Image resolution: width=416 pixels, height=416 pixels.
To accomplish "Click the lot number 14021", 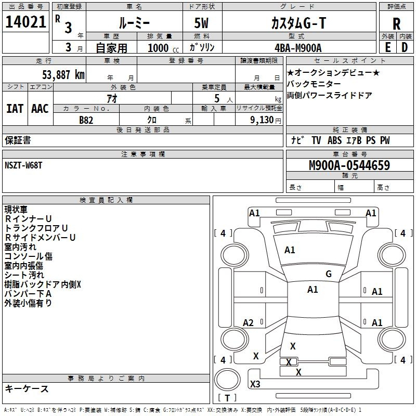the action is pyautogui.click(x=25, y=22).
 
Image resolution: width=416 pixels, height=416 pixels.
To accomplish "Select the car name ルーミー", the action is pyautogui.click(x=134, y=23).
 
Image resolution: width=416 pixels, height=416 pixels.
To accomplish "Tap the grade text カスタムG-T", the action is pyautogui.click(x=298, y=23).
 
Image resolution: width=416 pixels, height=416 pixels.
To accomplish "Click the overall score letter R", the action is pyautogui.click(x=396, y=24).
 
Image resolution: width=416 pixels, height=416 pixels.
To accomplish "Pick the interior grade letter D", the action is pyautogui.click(x=405, y=47).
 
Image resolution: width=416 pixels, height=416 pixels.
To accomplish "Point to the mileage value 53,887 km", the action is pyautogui.click(x=63, y=74).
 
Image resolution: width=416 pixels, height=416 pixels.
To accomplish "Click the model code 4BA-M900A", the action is pyautogui.click(x=298, y=48).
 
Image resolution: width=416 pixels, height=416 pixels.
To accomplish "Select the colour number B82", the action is pyautogui.click(x=86, y=120).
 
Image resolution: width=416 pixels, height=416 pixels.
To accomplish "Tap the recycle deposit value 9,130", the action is pyautogui.click(x=262, y=120).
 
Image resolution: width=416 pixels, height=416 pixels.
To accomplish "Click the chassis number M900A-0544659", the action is pyautogui.click(x=349, y=165).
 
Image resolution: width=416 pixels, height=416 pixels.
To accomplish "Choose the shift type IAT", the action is pyautogui.click(x=15, y=109).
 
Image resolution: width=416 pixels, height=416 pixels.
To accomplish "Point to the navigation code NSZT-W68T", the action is pyautogui.click(x=23, y=165).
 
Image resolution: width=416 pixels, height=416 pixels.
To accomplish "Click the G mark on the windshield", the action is pyautogui.click(x=329, y=274).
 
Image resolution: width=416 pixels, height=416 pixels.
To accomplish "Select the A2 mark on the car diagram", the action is pyautogui.click(x=248, y=322).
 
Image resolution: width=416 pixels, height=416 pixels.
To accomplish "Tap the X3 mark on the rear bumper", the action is pyautogui.click(x=255, y=384).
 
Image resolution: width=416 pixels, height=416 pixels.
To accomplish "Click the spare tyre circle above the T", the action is pyautogui.click(x=227, y=379).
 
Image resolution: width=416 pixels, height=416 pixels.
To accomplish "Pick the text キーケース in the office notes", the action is pyautogui.click(x=27, y=389).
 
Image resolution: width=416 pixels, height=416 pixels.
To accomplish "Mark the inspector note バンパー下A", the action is pyautogui.click(x=28, y=294).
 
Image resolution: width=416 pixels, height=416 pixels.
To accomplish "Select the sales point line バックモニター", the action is pyautogui.click(x=314, y=84).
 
